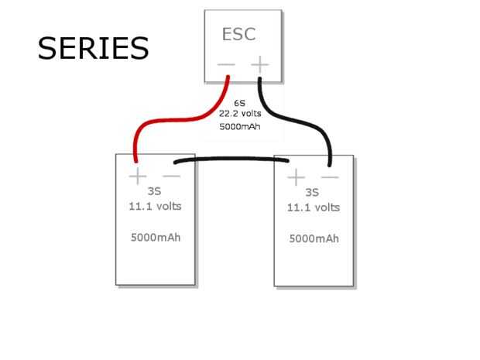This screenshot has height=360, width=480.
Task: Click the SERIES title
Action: click(93, 48)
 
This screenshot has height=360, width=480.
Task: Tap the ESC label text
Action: click(238, 34)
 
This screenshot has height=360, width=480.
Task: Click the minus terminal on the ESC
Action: click(225, 64)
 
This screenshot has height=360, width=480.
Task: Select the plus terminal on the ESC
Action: click(260, 64)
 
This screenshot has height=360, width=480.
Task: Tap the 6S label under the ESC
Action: click(241, 102)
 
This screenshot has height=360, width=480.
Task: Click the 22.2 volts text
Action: click(240, 113)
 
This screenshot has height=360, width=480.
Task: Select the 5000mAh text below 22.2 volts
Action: click(240, 126)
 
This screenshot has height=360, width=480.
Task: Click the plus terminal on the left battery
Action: click(137, 177)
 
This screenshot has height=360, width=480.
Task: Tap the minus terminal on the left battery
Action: click(171, 177)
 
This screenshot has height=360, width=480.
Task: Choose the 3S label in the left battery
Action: click(154, 192)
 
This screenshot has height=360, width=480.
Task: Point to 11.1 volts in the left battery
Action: click(155, 207)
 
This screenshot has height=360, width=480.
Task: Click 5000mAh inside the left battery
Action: click(155, 237)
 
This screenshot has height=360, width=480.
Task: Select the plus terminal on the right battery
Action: click(296, 179)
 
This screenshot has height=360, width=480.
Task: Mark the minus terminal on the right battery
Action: click(330, 178)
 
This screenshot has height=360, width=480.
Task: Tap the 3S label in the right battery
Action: click(312, 193)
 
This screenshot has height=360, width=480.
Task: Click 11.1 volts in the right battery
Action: click(314, 207)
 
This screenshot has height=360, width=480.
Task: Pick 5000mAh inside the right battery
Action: click(314, 238)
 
